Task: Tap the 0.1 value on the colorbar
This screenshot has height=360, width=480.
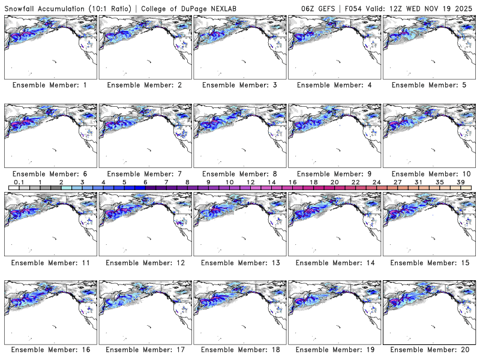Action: coord(19,182)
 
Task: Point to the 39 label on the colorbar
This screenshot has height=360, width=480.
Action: coord(461,182)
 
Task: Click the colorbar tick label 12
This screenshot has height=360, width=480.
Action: coord(250,182)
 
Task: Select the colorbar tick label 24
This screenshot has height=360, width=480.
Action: coord(376,182)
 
